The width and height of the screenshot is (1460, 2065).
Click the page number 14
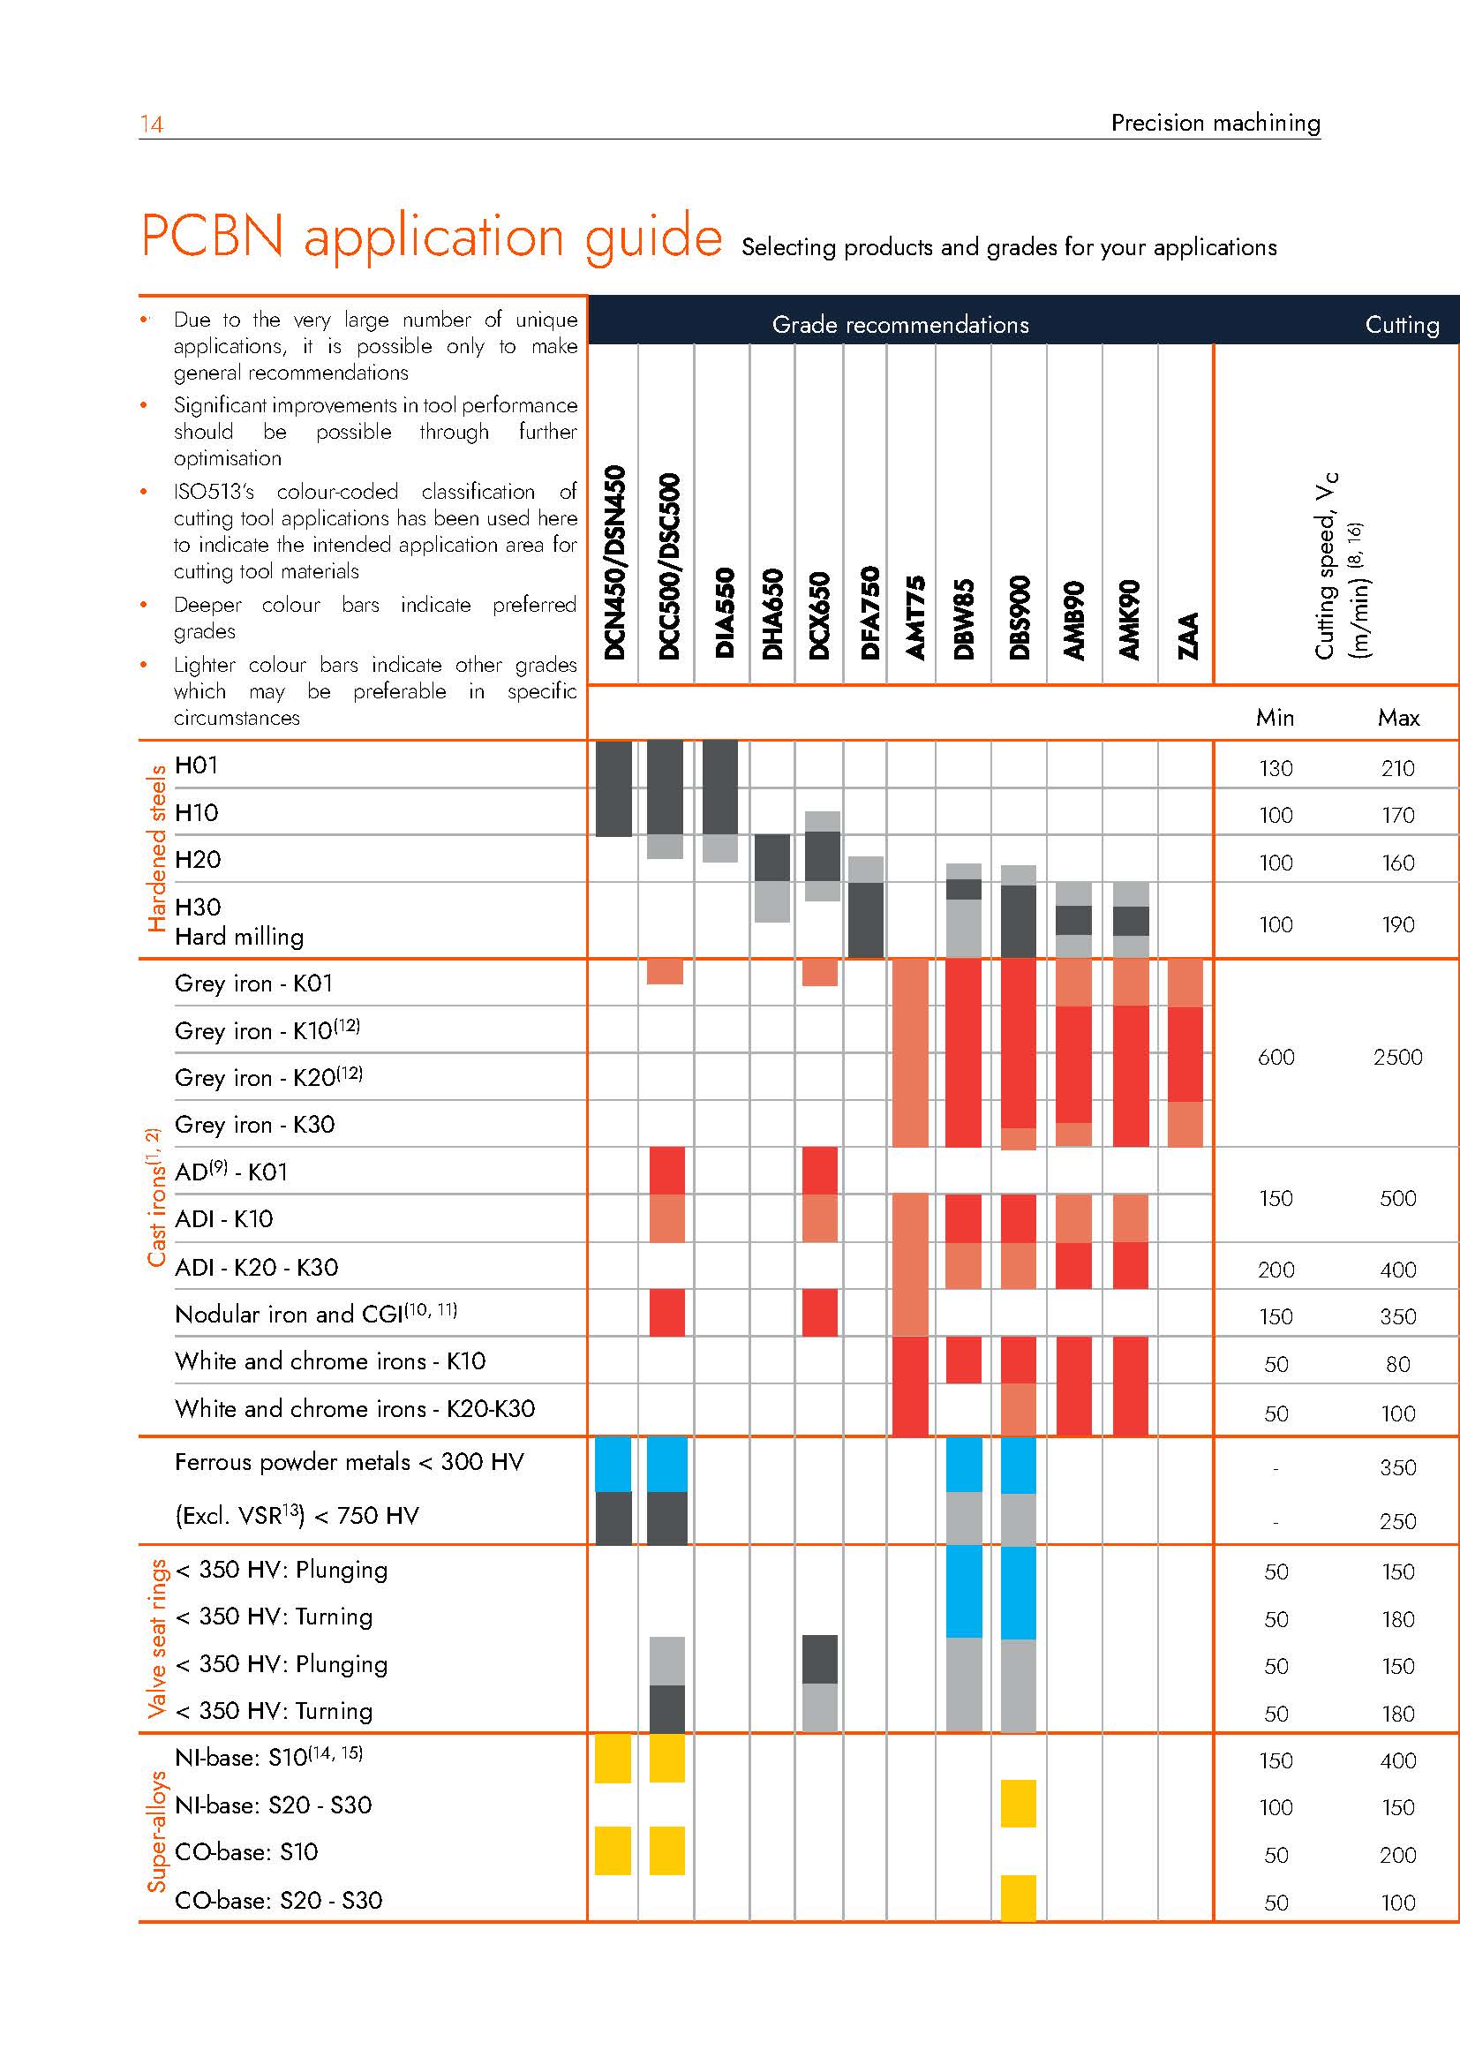(x=151, y=124)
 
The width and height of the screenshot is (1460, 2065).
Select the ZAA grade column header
(x=1188, y=635)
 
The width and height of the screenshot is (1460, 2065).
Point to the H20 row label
(x=198, y=860)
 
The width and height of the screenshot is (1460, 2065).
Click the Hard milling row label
(x=239, y=938)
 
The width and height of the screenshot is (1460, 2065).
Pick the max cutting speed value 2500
(x=1397, y=1057)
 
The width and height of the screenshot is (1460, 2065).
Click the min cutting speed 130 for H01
(x=1276, y=769)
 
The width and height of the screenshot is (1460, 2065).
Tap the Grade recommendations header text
(x=899, y=325)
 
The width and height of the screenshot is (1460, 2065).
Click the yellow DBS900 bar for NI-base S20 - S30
(x=1018, y=1804)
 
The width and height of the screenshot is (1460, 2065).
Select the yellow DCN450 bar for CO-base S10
(x=613, y=1851)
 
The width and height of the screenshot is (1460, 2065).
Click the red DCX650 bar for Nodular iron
(x=819, y=1312)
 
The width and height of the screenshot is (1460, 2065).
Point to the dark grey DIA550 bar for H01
(x=720, y=787)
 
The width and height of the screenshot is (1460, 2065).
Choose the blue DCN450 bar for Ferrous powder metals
(x=613, y=1464)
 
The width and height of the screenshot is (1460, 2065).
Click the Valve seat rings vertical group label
(x=156, y=1638)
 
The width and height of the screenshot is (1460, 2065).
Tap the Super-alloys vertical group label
(x=156, y=1831)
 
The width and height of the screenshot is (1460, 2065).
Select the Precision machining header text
(x=1215, y=124)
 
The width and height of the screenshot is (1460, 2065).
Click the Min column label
(x=1275, y=718)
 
